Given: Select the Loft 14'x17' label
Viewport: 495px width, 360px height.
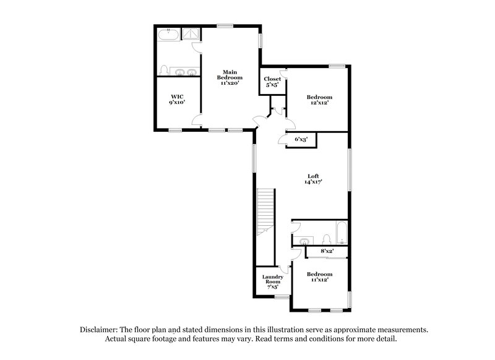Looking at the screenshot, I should tap(313, 179).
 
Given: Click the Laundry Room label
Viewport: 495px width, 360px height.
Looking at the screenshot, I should tap(272, 281).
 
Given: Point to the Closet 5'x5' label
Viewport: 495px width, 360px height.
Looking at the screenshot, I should tap(272, 82).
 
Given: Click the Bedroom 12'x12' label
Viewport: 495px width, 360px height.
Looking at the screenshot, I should tap(319, 100).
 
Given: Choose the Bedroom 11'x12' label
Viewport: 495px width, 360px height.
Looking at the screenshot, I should tap(319, 276).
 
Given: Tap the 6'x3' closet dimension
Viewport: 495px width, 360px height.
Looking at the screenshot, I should tap(301, 140).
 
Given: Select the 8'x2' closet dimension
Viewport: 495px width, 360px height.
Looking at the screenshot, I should tap(327, 252).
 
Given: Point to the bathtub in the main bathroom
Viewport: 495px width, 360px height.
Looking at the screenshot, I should tap(166, 35).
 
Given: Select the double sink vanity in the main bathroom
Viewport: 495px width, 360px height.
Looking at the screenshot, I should tap(186, 73).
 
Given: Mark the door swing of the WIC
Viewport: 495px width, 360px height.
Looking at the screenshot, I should tap(197, 120).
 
